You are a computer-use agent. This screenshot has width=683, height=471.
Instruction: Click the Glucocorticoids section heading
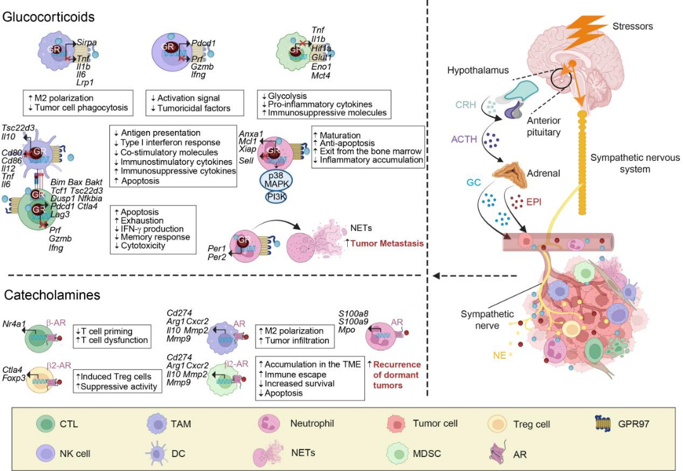coord(49,16)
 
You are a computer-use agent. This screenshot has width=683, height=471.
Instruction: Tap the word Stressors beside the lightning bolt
coord(632,26)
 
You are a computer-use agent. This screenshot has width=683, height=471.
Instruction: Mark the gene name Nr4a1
coord(14,323)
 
